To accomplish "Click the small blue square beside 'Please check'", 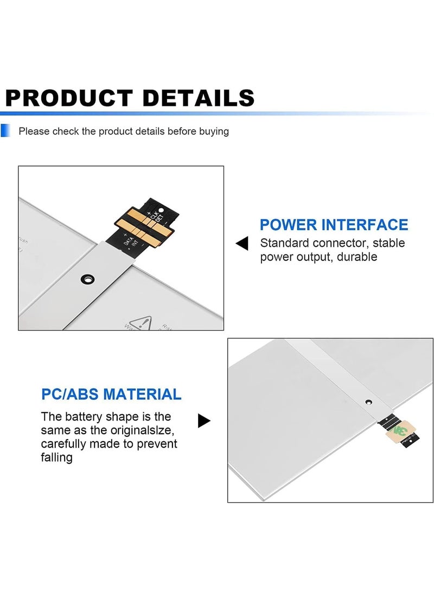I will click(x=5, y=131).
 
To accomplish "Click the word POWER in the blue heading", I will click(x=288, y=225).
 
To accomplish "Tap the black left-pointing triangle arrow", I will click(x=242, y=244).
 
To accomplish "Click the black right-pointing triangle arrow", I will click(x=204, y=421).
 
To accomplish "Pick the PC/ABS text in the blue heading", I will click(x=70, y=394).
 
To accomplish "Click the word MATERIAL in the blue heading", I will click(x=142, y=394).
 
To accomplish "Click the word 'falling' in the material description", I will click(x=56, y=457).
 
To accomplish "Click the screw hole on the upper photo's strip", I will click(x=86, y=279).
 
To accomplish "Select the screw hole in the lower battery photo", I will click(x=368, y=403).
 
